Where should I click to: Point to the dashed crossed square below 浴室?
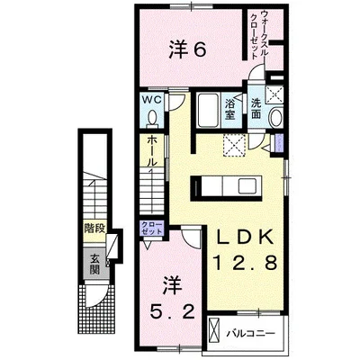pos(237,143)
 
